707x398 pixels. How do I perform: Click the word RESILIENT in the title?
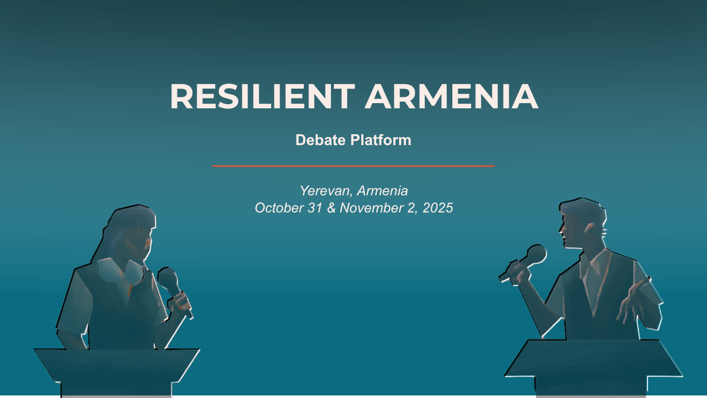pos(262,96)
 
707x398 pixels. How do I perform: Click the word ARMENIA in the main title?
pos(452,96)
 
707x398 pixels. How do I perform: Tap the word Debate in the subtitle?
pos(320,140)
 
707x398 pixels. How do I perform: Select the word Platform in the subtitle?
pos(380,140)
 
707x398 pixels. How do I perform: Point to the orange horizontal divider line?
pos(353,166)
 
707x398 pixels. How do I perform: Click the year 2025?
pos(438,208)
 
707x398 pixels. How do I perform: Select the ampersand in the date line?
pos(331,208)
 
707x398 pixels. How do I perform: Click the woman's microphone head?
pos(167,278)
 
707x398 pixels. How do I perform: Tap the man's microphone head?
pos(536,254)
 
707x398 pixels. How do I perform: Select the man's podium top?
pos(593,358)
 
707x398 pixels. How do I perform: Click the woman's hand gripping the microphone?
pos(180,304)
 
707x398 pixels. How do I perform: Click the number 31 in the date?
pos(315,208)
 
